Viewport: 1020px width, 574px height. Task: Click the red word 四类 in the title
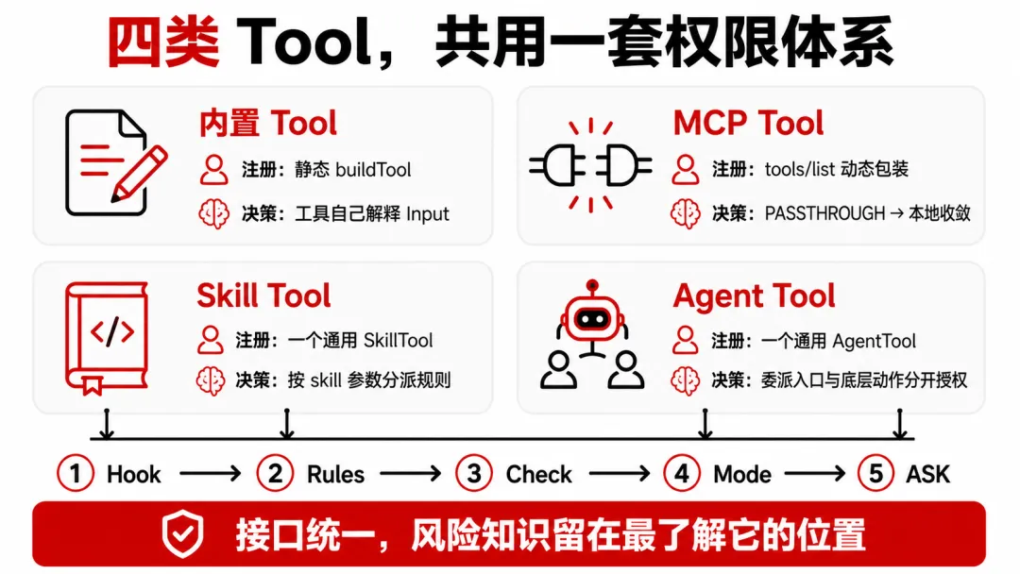coord(163,42)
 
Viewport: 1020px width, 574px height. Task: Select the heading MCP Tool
coord(748,123)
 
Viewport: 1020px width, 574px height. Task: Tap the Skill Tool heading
coord(263,295)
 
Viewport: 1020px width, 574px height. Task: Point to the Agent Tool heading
coord(754,295)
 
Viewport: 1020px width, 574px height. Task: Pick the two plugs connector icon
coord(590,166)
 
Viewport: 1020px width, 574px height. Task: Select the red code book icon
coord(107,338)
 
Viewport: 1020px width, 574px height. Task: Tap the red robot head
coord(592,314)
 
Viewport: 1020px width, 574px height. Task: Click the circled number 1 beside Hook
coord(76,473)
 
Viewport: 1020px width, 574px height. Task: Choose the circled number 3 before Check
coord(474,473)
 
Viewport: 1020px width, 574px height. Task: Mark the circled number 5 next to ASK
coord(876,473)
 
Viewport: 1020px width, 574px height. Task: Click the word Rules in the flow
coord(335,475)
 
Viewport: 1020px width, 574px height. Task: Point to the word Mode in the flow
coord(742,475)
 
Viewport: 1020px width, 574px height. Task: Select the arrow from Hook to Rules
coord(210,474)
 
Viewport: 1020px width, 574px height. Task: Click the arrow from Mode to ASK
coord(815,474)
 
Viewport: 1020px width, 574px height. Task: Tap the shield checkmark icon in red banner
coord(183,534)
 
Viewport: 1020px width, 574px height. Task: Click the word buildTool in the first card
coord(373,170)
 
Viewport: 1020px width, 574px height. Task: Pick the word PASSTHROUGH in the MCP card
coord(824,213)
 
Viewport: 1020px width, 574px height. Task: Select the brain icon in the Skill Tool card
coord(211,380)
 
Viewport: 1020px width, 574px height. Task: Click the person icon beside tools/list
coord(685,170)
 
